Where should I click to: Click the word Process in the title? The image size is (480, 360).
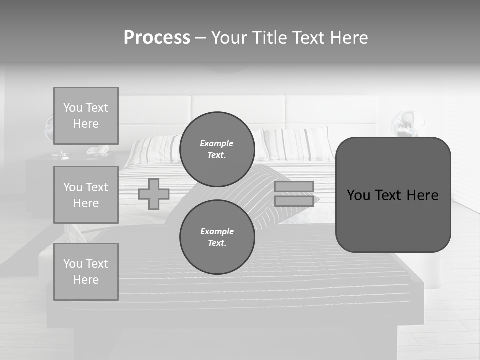(157, 38)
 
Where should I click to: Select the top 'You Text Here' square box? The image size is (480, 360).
(86, 116)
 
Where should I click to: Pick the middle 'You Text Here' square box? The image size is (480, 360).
(86, 195)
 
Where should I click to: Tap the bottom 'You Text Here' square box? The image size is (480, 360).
(86, 272)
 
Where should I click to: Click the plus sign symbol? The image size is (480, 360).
(154, 194)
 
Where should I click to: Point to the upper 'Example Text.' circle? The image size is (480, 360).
(217, 149)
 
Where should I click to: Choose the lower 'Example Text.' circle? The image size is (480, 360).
(217, 237)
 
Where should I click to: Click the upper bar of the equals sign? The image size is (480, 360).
(294, 186)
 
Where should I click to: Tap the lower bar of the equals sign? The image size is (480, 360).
(294, 201)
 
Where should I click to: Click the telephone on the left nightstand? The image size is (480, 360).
(97, 150)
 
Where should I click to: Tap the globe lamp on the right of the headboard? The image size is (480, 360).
(406, 124)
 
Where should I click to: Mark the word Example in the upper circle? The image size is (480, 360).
(216, 143)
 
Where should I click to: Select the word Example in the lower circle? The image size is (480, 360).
(217, 231)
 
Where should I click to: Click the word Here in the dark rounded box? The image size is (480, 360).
(422, 195)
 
